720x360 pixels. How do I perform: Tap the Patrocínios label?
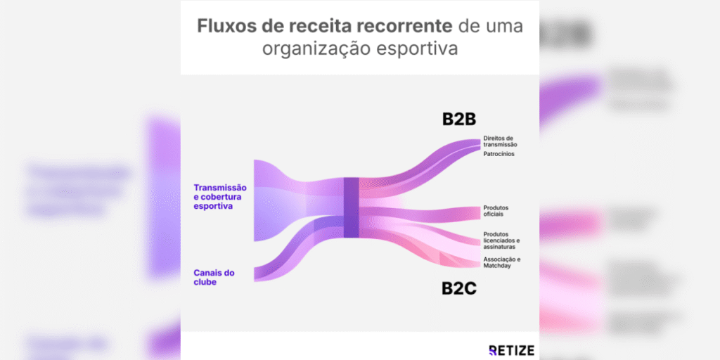tap(499, 154)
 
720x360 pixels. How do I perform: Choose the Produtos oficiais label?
tap(496, 210)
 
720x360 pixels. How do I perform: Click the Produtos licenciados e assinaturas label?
tap(501, 240)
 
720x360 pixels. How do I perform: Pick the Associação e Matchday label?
tap(501, 262)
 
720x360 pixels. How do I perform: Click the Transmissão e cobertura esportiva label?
tap(220, 197)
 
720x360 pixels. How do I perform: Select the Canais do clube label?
tap(214, 276)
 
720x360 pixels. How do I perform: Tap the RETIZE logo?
tap(511, 349)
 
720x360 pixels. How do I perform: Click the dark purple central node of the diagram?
tap(351, 207)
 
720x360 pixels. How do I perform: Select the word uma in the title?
tap(504, 27)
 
